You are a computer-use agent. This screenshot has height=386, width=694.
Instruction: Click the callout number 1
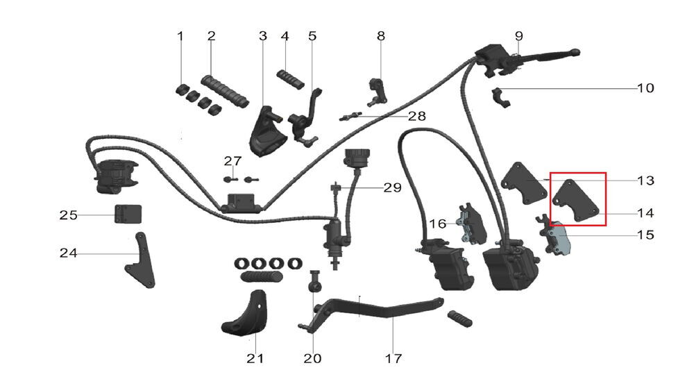(181, 35)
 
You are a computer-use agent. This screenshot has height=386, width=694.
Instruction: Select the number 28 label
(416, 116)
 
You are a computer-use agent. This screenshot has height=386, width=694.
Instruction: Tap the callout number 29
(392, 187)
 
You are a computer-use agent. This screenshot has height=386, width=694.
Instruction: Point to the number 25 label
(68, 215)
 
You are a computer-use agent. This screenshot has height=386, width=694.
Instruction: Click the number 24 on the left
(68, 253)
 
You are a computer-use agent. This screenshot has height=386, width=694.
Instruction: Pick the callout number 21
(255, 358)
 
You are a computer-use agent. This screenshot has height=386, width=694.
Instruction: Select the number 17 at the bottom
(393, 358)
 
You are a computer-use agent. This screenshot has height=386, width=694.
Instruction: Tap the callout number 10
(645, 88)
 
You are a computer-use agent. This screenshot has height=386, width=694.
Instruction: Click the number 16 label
(438, 224)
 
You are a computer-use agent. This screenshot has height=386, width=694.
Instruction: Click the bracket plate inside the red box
(577, 201)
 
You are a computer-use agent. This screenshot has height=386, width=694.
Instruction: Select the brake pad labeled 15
(559, 240)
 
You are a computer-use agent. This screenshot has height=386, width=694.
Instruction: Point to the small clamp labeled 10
(501, 97)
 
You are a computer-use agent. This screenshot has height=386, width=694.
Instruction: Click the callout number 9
(518, 35)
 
